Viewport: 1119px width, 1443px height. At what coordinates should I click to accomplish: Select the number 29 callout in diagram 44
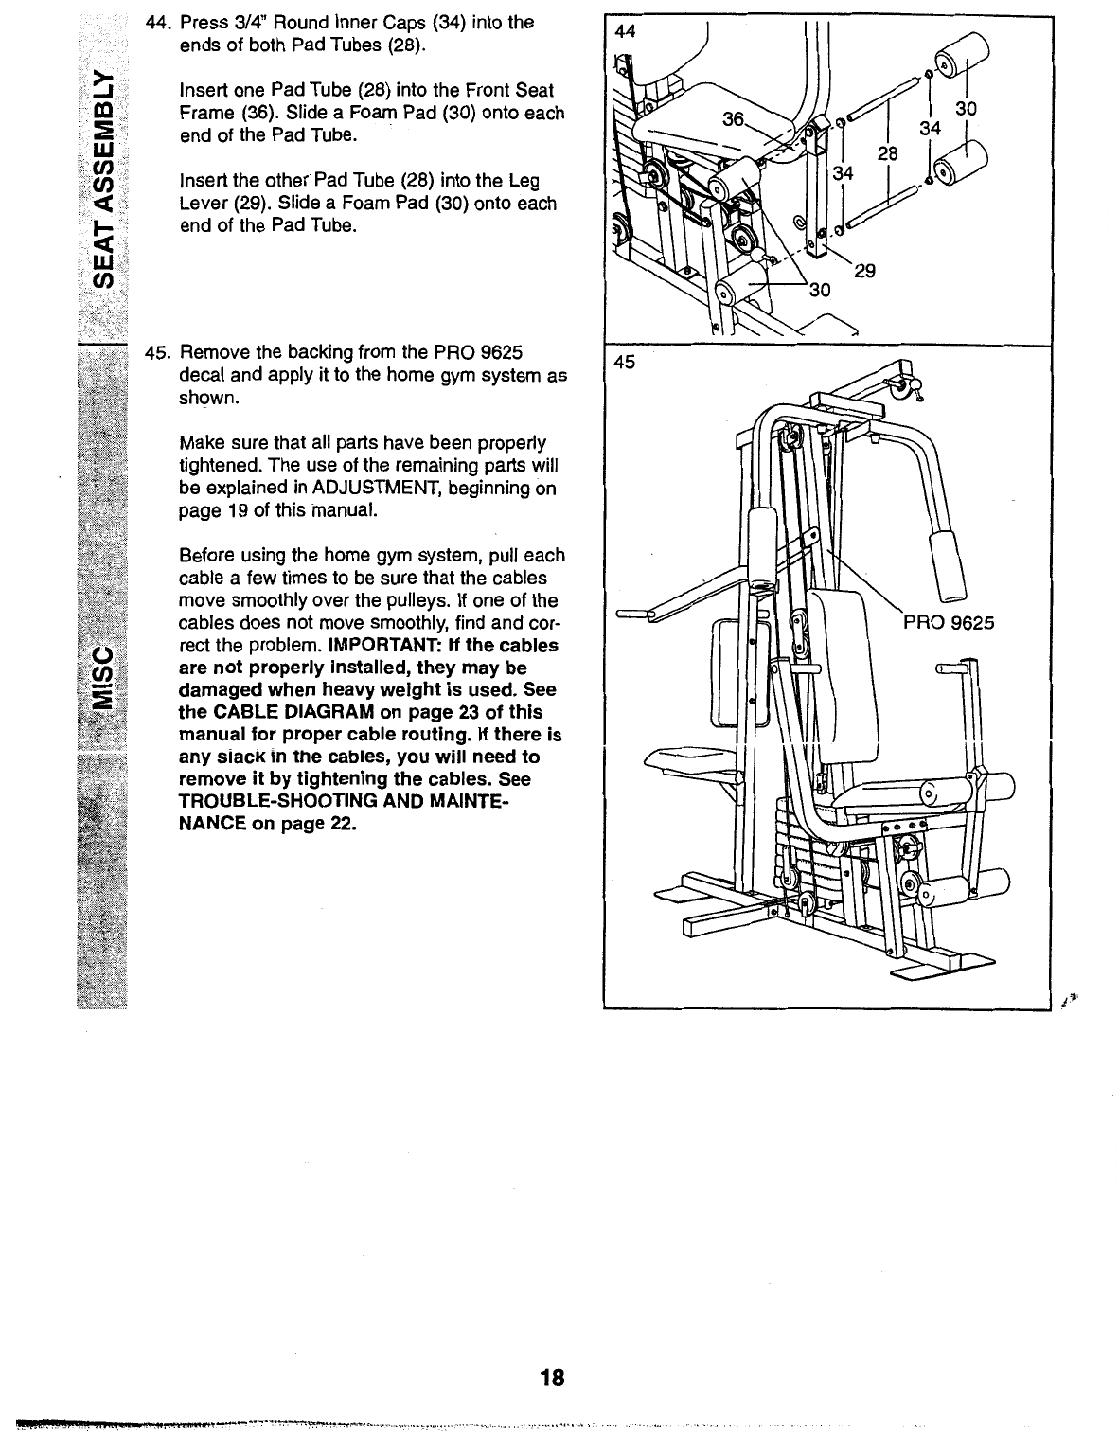(863, 272)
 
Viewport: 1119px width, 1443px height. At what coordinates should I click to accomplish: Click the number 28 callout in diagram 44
(887, 153)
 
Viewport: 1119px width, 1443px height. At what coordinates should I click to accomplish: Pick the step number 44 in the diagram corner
(625, 30)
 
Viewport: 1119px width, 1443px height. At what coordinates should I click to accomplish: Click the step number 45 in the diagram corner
(625, 361)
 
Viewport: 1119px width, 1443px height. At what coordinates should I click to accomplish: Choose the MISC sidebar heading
(105, 678)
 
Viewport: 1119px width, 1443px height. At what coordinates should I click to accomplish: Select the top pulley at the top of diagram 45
(896, 383)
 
